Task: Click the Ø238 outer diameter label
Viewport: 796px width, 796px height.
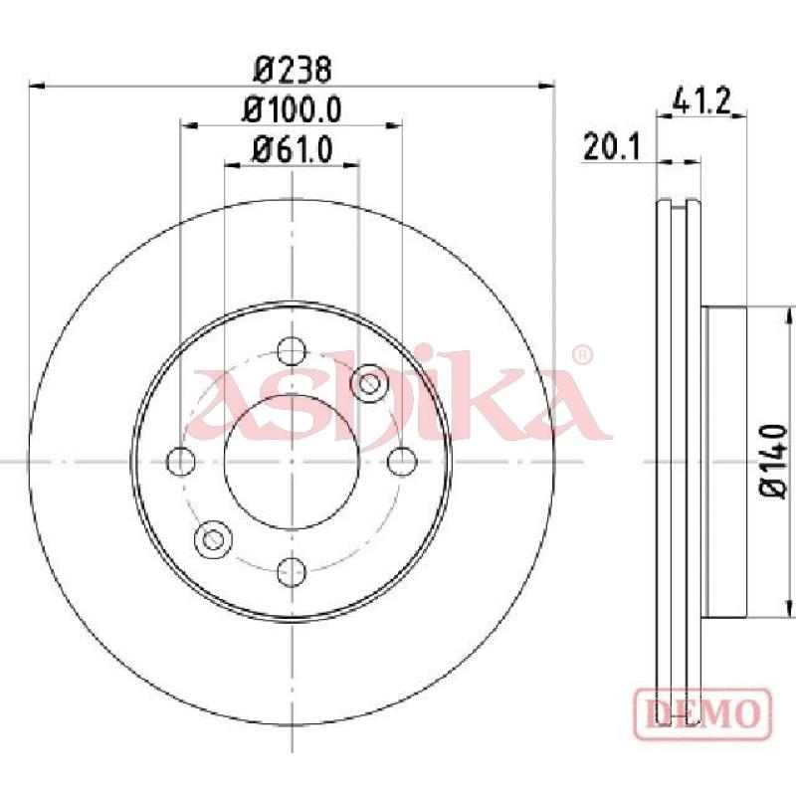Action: pos(293,70)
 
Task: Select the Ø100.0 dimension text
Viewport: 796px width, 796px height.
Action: pos(292,109)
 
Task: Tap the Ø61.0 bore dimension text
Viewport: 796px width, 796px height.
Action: pos(292,150)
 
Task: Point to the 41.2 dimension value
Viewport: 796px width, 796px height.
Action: pos(701,100)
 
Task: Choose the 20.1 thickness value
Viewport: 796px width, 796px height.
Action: pos(612,146)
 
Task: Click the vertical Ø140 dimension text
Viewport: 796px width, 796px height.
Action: pos(773,462)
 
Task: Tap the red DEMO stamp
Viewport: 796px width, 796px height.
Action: pos(703,713)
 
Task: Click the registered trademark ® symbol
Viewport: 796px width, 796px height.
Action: pos(582,355)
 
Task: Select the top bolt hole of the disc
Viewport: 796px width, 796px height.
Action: pos(292,351)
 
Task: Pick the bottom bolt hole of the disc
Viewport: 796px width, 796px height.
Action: pos(292,571)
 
